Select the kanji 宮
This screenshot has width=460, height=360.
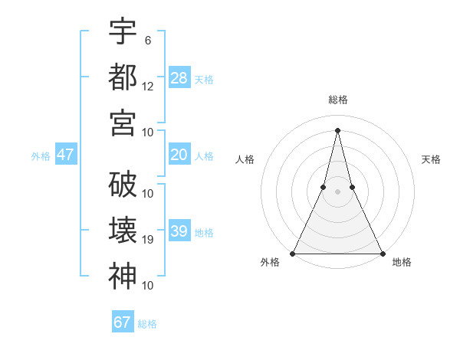pyautogui.click(x=123, y=122)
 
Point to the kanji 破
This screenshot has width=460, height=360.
pyautogui.click(x=123, y=185)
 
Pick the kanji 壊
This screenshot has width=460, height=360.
pyautogui.click(x=123, y=230)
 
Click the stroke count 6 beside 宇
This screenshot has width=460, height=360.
pyautogui.click(x=148, y=40)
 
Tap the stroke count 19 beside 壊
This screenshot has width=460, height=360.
pyautogui.click(x=148, y=240)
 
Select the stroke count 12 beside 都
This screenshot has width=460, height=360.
pyautogui.click(x=148, y=86)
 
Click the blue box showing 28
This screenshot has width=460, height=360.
pyautogui.click(x=179, y=78)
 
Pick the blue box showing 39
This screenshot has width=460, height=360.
pyautogui.click(x=179, y=232)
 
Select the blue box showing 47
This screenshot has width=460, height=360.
pyautogui.click(x=66, y=155)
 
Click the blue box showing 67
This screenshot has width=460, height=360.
pyautogui.click(x=123, y=322)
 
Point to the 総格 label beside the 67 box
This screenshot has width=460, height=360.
pyautogui.click(x=147, y=324)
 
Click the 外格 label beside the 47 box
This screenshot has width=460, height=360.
pyautogui.click(x=41, y=156)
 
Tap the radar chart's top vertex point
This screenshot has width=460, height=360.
pyautogui.click(x=338, y=129)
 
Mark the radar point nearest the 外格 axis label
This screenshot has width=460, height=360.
pyautogui.click(x=294, y=254)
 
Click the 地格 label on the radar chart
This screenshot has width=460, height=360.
pyautogui.click(x=402, y=263)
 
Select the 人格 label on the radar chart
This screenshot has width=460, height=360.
pyautogui.click(x=245, y=160)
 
